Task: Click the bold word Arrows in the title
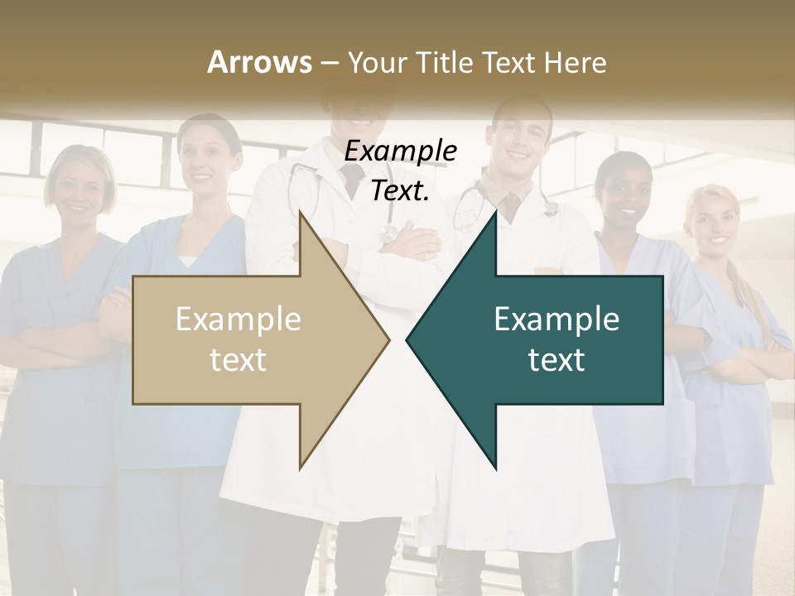click(259, 62)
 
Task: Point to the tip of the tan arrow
click(388, 339)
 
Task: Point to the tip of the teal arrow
click(408, 339)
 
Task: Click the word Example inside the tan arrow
click(238, 319)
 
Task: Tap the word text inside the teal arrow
click(556, 359)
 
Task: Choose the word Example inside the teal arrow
click(556, 319)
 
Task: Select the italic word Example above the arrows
click(401, 151)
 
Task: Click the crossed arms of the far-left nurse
click(50, 335)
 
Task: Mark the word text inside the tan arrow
click(238, 359)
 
